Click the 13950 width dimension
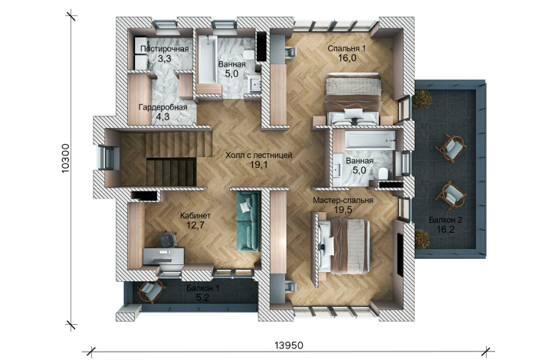tap(289, 345)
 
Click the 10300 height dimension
tap(65, 159)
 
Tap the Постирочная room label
tap(164, 49)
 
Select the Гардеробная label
tap(163, 107)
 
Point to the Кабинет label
tap(195, 215)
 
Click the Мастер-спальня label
tap(343, 201)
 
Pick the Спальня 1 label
tap(346, 48)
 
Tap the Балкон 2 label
tap(445, 220)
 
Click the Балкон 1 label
tap(203, 288)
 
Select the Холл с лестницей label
tap(259, 155)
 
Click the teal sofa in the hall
tap(248, 221)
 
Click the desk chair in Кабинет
tap(168, 239)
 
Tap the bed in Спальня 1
tap(353, 98)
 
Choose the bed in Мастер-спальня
tap(343, 246)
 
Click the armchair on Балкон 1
tap(151, 292)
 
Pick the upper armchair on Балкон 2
tap(451, 149)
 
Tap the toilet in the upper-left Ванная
tap(249, 55)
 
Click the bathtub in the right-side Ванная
tap(370, 140)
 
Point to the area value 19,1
tap(259, 165)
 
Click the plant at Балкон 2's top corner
tap(422, 98)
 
